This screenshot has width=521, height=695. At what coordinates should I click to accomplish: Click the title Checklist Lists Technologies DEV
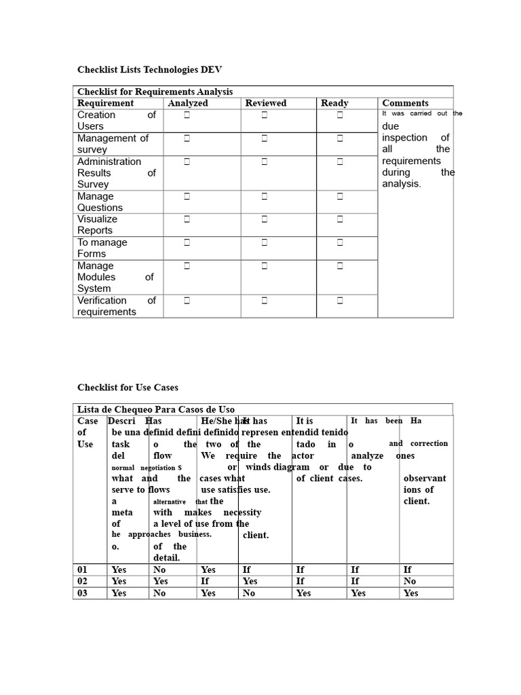(x=149, y=70)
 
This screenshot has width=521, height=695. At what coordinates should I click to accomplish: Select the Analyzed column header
(x=188, y=103)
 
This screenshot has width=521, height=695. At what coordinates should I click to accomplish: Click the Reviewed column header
(x=266, y=103)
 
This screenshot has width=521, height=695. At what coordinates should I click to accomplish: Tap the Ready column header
(x=334, y=103)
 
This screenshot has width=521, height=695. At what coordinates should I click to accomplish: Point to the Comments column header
(x=406, y=103)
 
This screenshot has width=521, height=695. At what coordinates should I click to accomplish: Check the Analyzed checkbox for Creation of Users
(x=187, y=115)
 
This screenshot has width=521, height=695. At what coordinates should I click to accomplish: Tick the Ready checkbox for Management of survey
(x=340, y=138)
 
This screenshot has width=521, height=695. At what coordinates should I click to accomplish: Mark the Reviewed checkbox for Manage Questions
(x=265, y=196)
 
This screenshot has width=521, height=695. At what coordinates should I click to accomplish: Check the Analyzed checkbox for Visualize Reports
(x=187, y=219)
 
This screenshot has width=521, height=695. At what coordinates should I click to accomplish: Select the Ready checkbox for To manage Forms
(x=340, y=242)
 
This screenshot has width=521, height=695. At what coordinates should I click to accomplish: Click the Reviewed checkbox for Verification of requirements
(x=265, y=300)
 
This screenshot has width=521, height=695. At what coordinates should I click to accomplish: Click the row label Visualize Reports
(x=97, y=225)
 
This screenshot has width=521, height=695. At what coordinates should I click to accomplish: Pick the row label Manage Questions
(x=100, y=202)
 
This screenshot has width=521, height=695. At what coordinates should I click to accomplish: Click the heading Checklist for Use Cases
(x=128, y=388)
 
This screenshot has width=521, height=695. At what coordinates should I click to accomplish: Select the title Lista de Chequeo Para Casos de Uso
(x=156, y=409)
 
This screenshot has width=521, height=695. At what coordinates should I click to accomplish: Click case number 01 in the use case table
(x=83, y=569)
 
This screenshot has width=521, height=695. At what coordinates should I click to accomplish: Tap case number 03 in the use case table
(x=83, y=593)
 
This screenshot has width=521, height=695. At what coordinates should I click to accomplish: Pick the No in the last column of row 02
(x=410, y=581)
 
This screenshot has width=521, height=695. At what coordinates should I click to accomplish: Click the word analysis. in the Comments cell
(x=402, y=183)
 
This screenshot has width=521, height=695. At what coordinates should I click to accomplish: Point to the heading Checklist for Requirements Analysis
(x=155, y=92)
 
